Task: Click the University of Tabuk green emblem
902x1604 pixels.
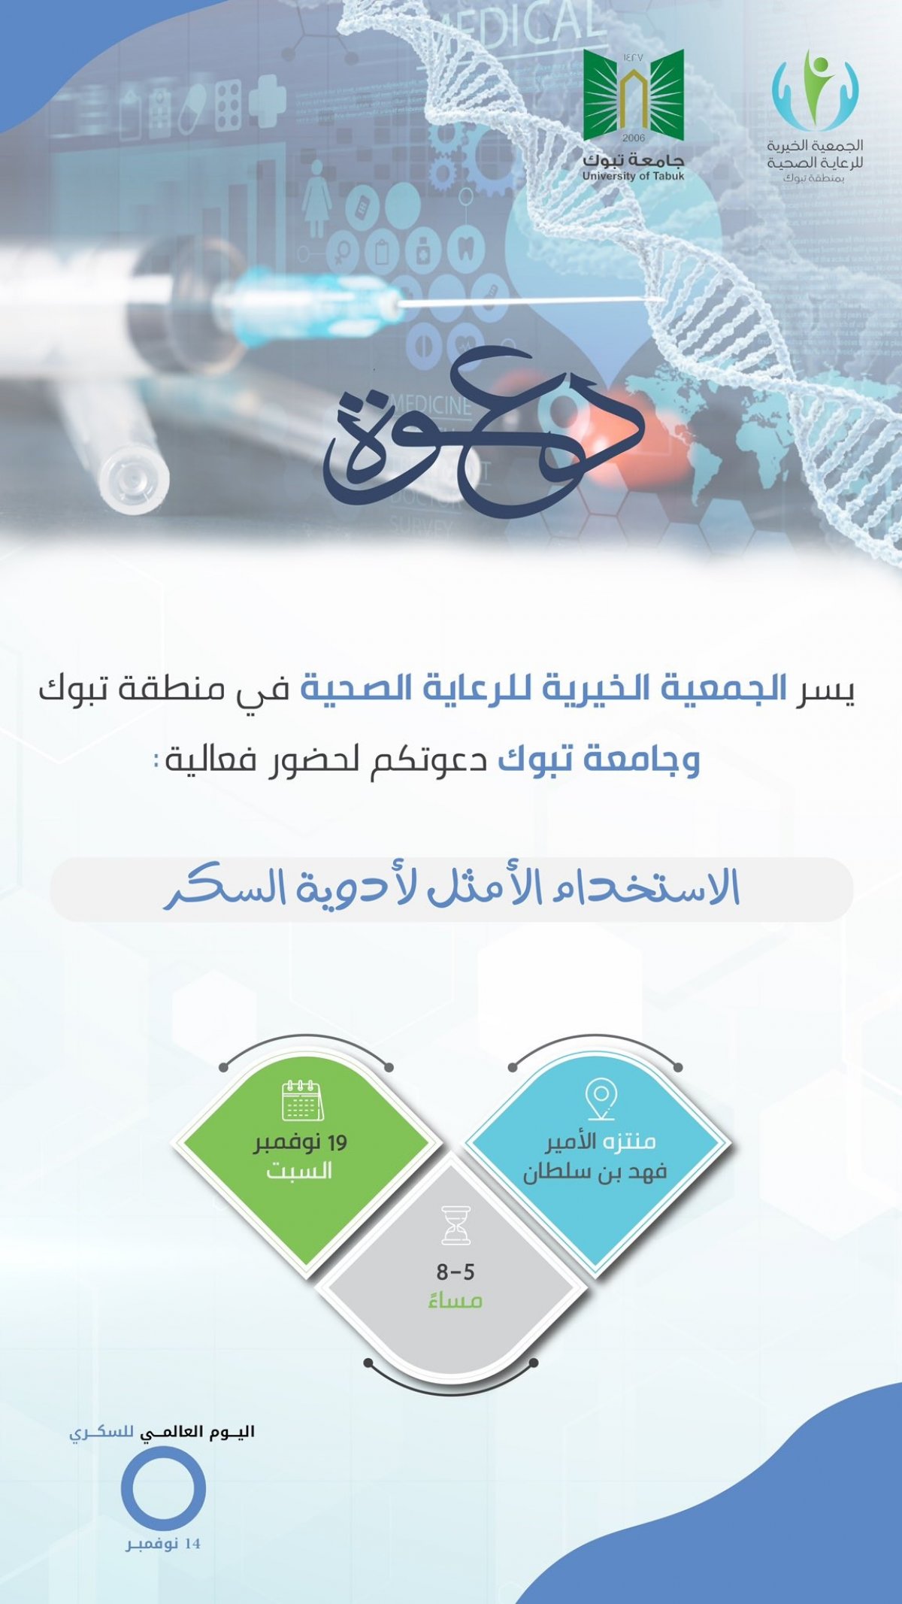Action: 634,95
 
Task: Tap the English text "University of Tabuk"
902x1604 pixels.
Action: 634,177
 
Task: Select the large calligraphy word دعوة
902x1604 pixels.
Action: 483,430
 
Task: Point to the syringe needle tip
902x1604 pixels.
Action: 661,299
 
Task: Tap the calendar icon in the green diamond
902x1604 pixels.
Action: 301,1101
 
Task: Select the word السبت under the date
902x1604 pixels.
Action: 299,1172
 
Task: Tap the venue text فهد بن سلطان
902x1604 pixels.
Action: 595,1172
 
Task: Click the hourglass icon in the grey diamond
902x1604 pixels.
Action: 456,1225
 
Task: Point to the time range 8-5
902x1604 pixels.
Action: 456,1272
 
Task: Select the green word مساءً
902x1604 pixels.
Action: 455,1299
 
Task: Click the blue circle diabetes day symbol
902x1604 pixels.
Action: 164,1489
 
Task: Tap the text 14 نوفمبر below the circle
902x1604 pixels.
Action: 163,1544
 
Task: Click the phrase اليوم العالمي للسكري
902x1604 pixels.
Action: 162,1431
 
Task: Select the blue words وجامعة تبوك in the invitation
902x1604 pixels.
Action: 599,760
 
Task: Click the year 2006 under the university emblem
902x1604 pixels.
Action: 634,138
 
